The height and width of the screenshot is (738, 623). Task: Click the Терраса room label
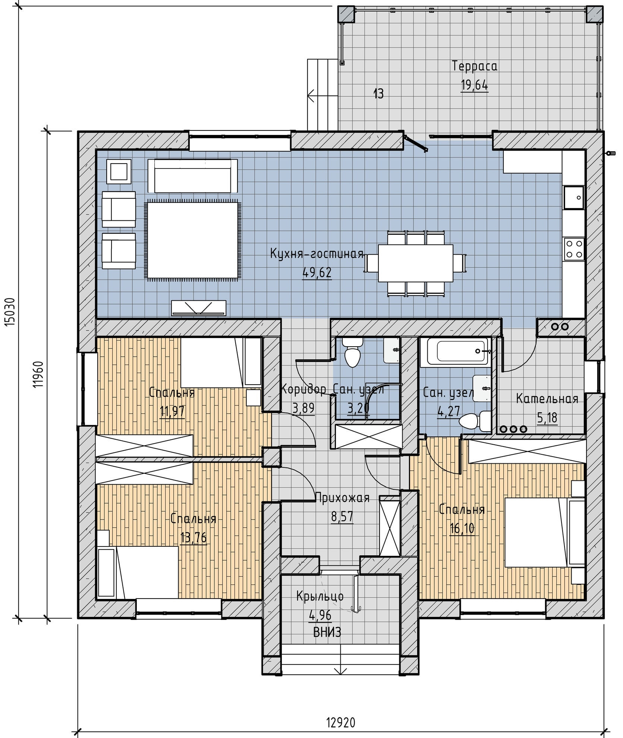pos(474,66)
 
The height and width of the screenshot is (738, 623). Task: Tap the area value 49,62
pos(317,273)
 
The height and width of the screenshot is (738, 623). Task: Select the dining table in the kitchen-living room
pos(416,263)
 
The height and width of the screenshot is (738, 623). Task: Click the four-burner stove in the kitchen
pos(574,249)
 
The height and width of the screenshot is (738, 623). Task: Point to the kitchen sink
pos(574,198)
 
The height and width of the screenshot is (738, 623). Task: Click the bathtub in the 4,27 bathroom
pos(454,351)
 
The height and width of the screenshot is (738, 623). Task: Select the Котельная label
pos(547,399)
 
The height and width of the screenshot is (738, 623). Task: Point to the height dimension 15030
pos(10,312)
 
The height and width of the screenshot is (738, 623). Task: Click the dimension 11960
pos(38,375)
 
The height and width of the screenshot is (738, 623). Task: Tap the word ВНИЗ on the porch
pos(327,633)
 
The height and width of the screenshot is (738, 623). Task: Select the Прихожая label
pos(342,498)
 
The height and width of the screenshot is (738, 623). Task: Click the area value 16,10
pos(462,529)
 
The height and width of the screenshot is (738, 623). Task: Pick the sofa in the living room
pos(192,176)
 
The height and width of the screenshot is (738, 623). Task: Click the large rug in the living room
pos(192,240)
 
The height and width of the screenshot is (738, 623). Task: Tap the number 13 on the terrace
pos(378,94)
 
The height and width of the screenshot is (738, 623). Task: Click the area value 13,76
pos(193,538)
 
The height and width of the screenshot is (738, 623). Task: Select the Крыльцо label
pos(320,596)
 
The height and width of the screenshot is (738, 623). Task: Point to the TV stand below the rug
pos(199,308)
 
